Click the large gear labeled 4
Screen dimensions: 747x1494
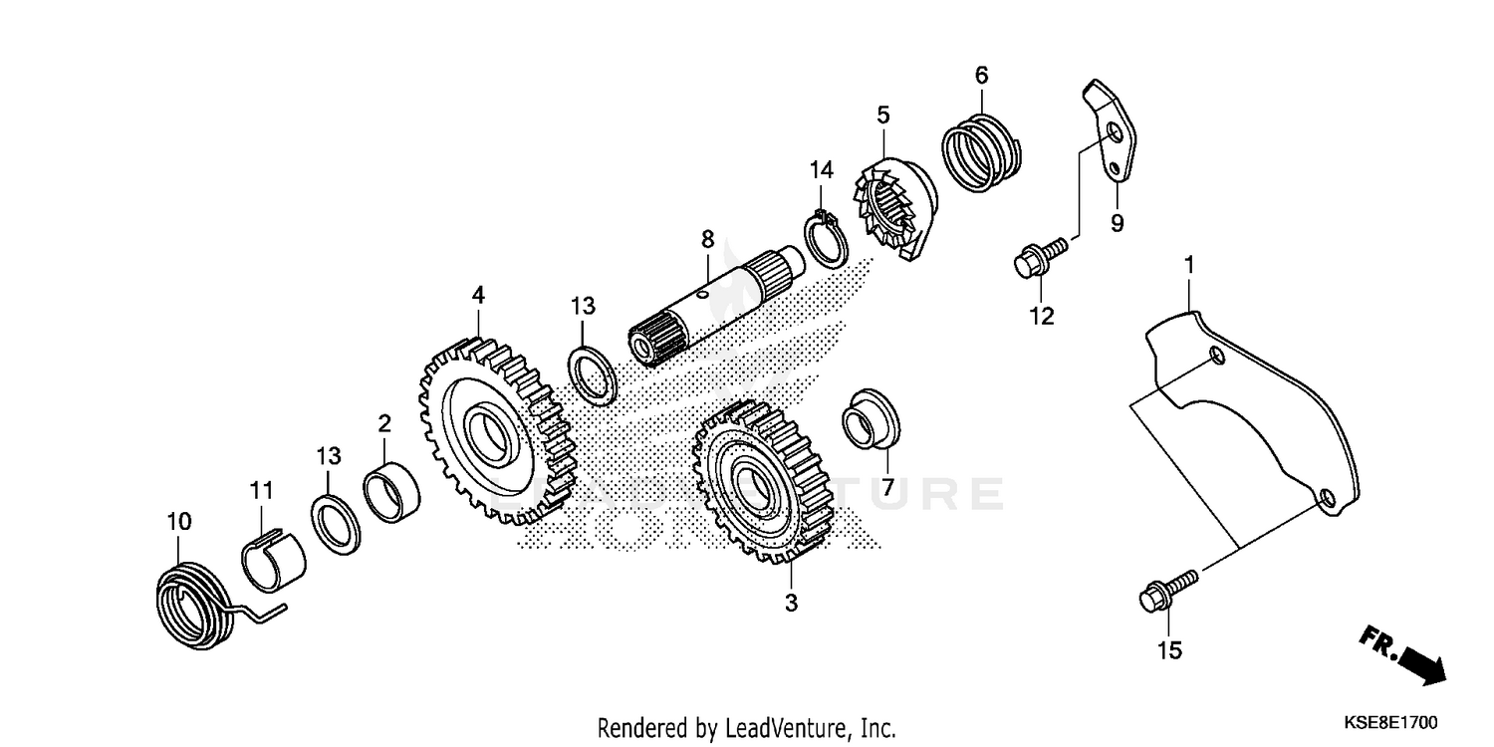click(495, 430)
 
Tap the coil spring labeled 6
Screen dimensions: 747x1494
click(981, 150)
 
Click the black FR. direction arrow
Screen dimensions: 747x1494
click(1415, 659)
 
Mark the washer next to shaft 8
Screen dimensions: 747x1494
click(595, 375)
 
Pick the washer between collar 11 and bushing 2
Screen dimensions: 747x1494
click(337, 522)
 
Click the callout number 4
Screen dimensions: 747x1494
click(478, 295)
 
